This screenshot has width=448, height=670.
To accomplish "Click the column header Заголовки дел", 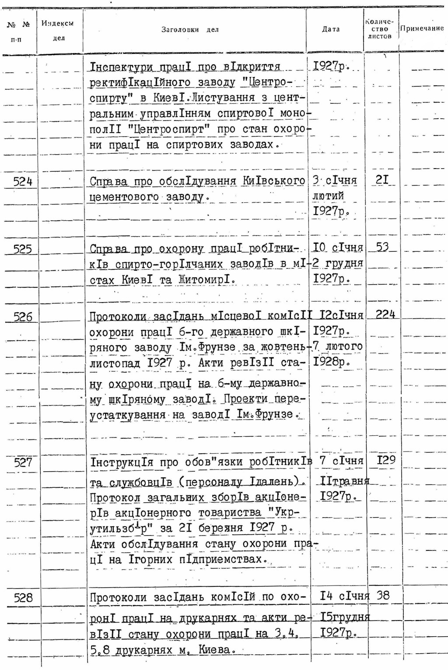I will [x=190, y=30].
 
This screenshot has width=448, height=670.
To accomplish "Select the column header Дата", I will [x=331, y=29].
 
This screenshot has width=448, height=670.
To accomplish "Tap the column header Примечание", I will [x=422, y=28].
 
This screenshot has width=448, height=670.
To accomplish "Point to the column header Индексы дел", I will [x=57, y=31].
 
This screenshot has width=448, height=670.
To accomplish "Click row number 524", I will [x=23, y=181].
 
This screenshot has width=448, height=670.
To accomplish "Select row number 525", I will [x=23, y=249].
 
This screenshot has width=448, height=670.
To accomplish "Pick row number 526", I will [x=23, y=317].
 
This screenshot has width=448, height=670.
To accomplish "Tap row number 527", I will [x=23, y=462].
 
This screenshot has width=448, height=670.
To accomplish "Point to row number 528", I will [x=23, y=598].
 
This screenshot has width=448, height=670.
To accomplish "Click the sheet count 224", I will [x=385, y=314].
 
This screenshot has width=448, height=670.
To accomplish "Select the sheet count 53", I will [x=382, y=247].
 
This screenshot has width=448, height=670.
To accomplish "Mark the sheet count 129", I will [x=386, y=460].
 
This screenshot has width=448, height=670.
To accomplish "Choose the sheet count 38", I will [x=383, y=596].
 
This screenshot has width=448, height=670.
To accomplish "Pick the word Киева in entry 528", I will [x=214, y=649].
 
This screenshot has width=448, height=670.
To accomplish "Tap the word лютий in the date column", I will [x=328, y=196].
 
